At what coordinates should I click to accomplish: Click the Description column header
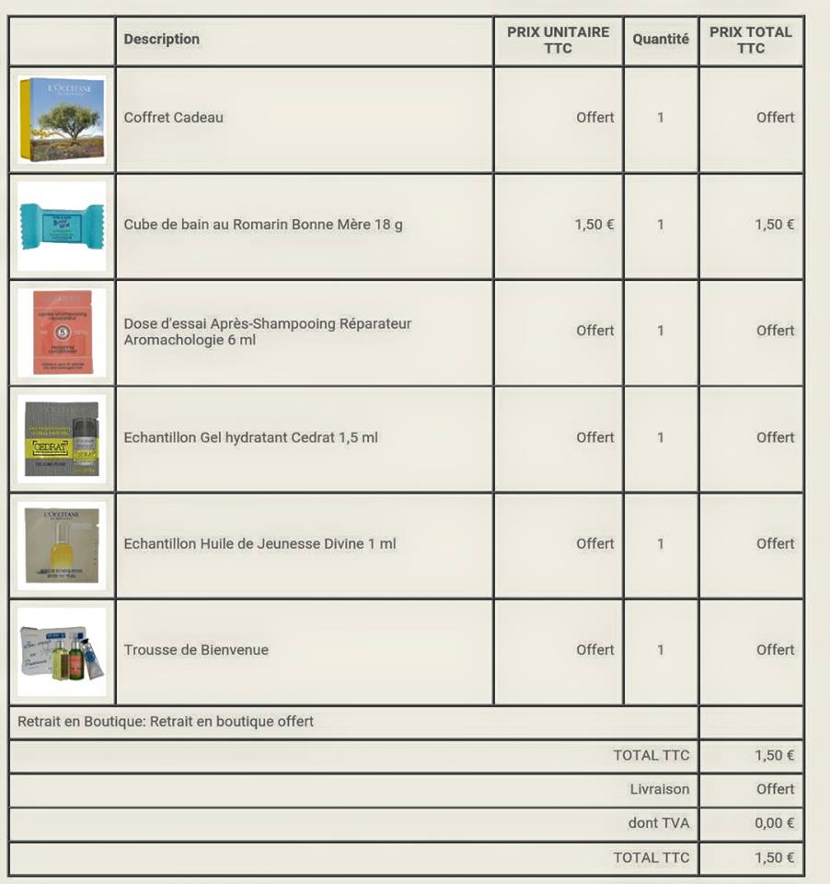pos(162,40)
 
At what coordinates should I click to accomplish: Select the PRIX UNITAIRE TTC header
pos(558,40)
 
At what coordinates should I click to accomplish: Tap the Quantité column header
pos(661,40)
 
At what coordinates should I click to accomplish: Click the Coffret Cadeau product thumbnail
pos(62,120)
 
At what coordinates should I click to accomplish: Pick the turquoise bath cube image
pos(62,226)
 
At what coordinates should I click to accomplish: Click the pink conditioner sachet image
pos(62,332)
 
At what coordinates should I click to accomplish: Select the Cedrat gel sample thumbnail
pos(62,439)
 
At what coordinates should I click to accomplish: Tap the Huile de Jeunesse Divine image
pos(62,545)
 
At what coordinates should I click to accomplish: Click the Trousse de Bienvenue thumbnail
pos(62,652)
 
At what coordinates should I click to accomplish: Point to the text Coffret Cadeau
pos(174,118)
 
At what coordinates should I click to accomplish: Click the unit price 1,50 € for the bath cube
pos(594,225)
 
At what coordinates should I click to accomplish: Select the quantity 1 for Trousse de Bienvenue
pos(661,650)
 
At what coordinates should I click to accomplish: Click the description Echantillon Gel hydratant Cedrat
pos(251,437)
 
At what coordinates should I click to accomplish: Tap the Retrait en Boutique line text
pos(166,722)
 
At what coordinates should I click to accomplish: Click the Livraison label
pos(660,789)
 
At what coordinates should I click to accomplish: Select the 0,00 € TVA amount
pos(775,823)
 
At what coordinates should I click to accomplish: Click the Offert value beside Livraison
pos(776,789)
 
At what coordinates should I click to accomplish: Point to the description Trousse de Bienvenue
pos(196,650)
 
